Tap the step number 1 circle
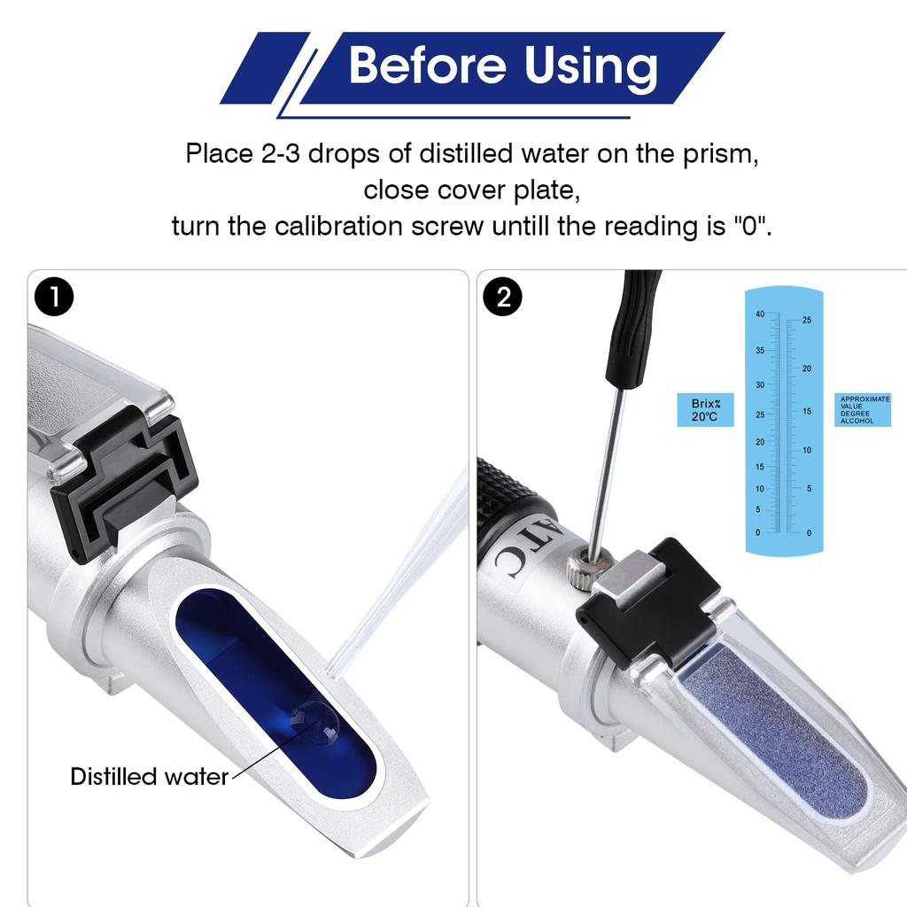[55, 298]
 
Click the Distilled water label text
[149, 777]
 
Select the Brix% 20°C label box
[705, 410]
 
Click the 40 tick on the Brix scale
[760, 314]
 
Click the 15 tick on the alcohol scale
[806, 411]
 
